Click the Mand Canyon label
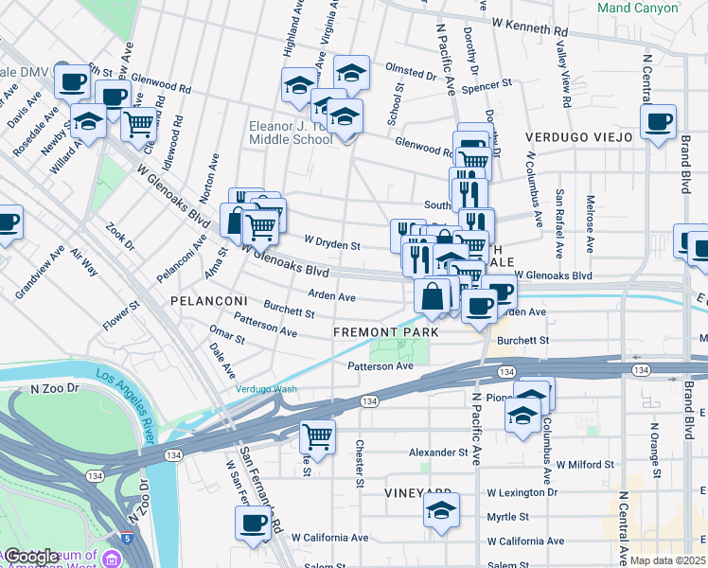point(638,9)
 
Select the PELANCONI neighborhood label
point(208,300)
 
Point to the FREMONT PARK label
point(385,332)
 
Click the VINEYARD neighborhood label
point(416,493)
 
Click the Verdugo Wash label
point(266,389)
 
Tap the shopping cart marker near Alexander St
point(317,437)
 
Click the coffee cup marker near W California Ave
point(253,523)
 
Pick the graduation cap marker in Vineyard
point(441,509)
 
